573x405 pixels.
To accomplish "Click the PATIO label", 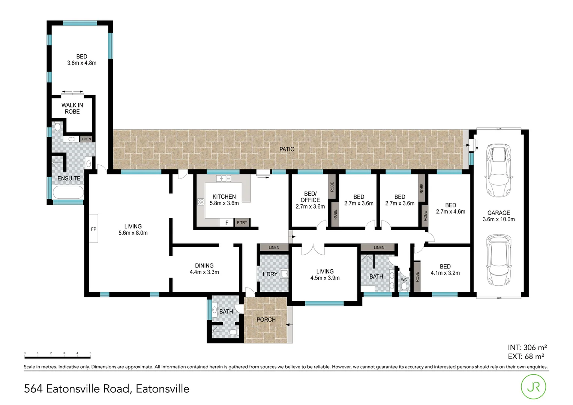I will coord(287,149).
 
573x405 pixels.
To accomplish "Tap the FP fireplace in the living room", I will coord(94,229).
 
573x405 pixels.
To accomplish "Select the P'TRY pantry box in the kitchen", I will coord(242,223).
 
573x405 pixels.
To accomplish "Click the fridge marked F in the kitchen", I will coord(226,223).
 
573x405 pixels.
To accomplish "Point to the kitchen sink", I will coord(223,178).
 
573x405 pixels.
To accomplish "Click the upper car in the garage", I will coord(498,171).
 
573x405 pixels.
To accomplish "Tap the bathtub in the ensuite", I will coord(68,193).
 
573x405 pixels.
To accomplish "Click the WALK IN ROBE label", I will coord(72,108).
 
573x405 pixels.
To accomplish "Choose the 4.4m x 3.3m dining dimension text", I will coord(204,272).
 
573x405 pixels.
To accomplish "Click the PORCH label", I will coord(266,320).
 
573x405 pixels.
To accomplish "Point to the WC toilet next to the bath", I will coord(404,286).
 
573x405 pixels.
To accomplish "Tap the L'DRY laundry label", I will coord(270,274).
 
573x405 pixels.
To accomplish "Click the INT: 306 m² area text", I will coord(527,348).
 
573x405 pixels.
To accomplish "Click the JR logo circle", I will coord(534,387).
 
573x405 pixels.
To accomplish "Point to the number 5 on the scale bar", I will coord(90,353).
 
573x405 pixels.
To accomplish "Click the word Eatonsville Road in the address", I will coord(88,389).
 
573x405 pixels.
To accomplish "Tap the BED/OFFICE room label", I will coord(310,197).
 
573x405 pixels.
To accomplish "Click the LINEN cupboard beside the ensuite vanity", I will coord(86,139).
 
